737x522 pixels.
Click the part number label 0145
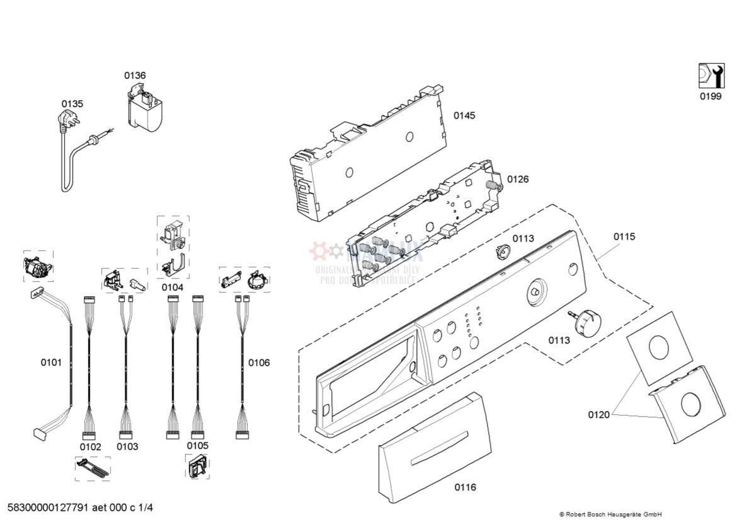coord(464,116)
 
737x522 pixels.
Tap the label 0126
coord(518,180)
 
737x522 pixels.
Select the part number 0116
coord(466,487)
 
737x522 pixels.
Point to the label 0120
coord(599,415)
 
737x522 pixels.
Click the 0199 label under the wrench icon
coord(711,96)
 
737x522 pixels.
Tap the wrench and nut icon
coord(711,76)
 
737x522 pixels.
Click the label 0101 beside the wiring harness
coord(52,362)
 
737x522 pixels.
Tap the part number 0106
coord(259,362)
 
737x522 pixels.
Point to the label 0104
coord(172,287)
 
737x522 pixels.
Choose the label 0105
coord(197,446)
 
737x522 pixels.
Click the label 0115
coord(624,237)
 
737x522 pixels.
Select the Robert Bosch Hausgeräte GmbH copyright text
coord(610,514)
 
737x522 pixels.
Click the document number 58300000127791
coord(47,508)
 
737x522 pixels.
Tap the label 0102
coord(90,447)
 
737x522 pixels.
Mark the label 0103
coord(127,447)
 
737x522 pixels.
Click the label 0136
coord(135,76)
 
